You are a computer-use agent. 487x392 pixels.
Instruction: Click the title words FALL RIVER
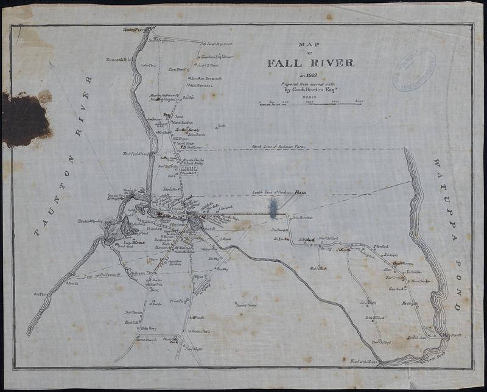310,62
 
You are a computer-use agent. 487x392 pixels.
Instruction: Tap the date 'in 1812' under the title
309,74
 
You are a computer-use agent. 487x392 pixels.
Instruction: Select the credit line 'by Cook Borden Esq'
309,89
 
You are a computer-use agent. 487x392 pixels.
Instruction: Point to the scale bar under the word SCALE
310,104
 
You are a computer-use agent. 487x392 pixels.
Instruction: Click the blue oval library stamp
415,70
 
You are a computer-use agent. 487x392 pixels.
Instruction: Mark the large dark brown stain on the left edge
26,119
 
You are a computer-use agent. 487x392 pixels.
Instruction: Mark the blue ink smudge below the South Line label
273,208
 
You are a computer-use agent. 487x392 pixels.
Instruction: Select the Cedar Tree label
149,65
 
